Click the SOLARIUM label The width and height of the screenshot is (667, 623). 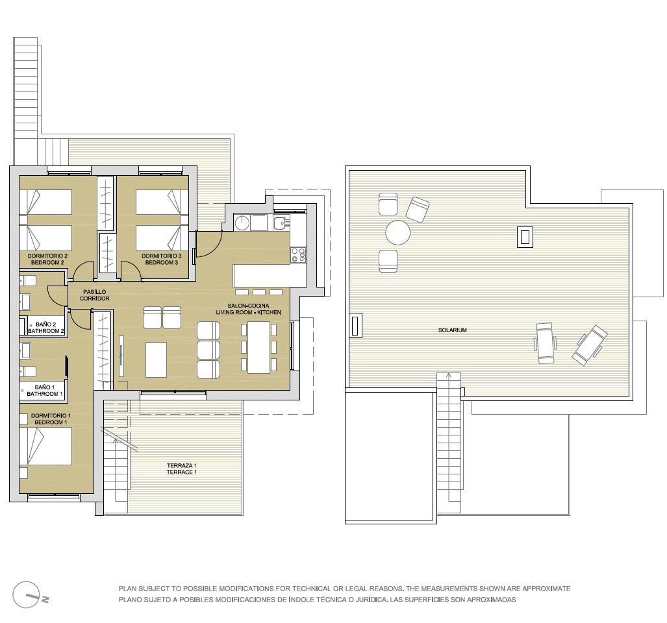click(452, 330)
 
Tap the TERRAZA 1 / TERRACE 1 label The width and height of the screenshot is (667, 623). click(182, 469)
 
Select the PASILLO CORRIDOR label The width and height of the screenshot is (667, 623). click(94, 295)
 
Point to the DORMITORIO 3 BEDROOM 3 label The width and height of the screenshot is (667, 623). click(161, 259)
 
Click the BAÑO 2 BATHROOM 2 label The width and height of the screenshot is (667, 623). click(46, 328)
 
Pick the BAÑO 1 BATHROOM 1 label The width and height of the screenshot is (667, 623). click(45, 391)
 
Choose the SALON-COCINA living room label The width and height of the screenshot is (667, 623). click(249, 309)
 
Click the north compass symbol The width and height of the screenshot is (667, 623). click(30, 594)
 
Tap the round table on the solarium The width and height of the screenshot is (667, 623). click(397, 232)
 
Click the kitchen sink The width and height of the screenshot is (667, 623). click(281, 222)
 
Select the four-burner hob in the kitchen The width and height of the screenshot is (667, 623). click(297, 255)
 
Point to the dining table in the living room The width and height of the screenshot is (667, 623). click(258, 347)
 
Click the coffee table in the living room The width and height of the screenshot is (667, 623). click(156, 360)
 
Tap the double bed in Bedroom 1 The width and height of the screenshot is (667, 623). click(45, 446)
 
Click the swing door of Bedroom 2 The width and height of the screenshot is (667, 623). click(82, 271)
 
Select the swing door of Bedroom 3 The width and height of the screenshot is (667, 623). click(132, 271)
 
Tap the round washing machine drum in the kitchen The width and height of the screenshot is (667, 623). click(242, 222)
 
